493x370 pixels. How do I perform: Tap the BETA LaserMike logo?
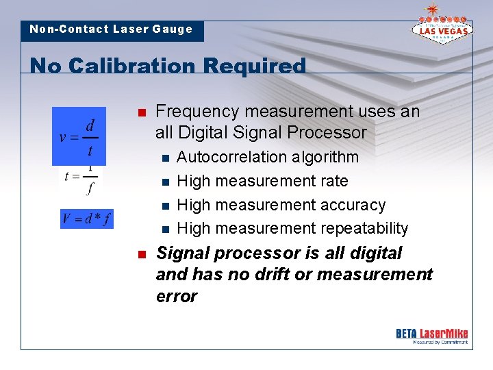coord(431,336)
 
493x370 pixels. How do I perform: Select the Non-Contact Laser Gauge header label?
coord(112,29)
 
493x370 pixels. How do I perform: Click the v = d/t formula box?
coord(79,136)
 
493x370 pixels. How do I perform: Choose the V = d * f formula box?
coord(86,219)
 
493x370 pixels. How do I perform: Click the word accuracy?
coord(353,205)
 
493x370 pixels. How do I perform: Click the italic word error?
coord(177,296)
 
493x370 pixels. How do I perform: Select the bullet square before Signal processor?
coord(141,254)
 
